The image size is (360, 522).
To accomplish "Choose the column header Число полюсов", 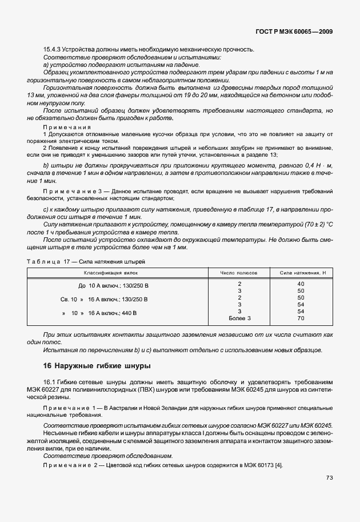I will pos(239,274).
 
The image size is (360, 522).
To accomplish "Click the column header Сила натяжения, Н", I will pos(301,274).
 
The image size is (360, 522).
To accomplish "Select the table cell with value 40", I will pos(301,284).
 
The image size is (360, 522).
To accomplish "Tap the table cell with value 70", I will pos(301,318).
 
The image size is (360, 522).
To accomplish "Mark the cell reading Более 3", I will pos(239,318).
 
